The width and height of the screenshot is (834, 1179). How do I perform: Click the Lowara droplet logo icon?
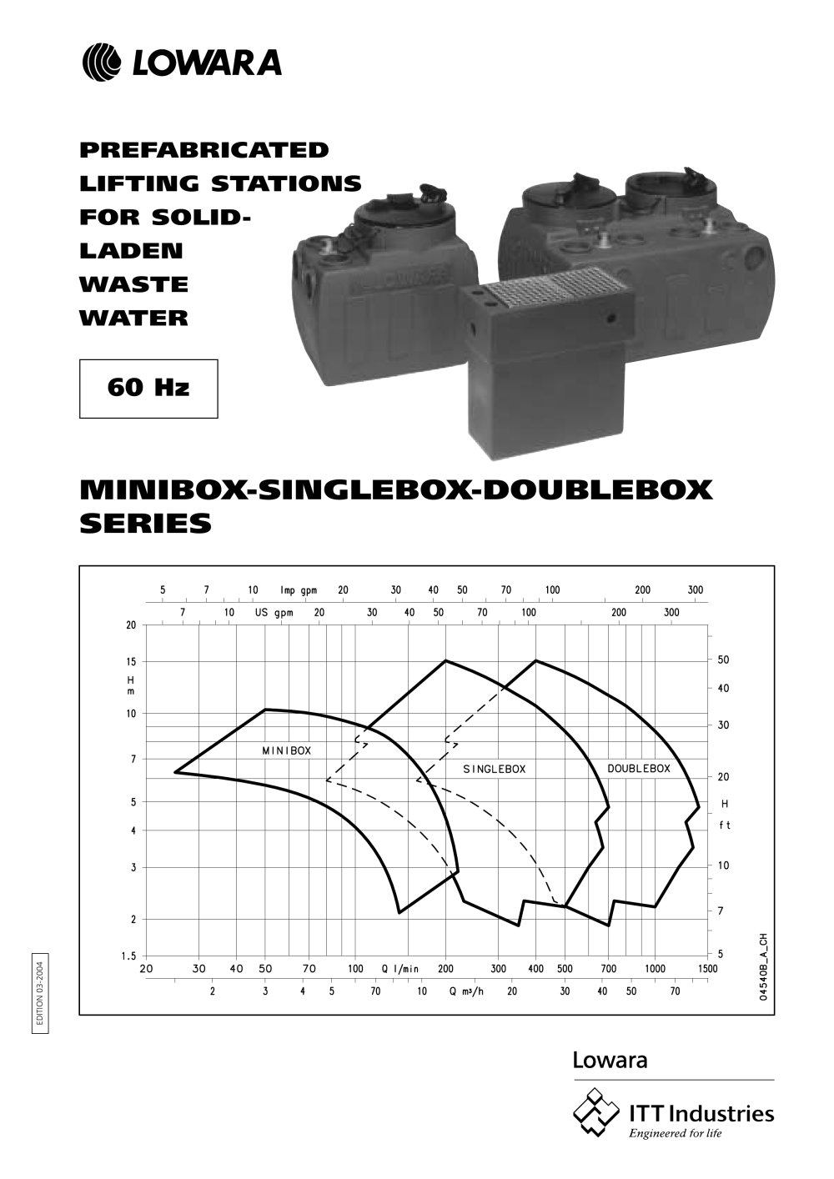tap(102, 63)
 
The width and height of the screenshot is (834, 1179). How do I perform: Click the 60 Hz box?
tap(148, 389)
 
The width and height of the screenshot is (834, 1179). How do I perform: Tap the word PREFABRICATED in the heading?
tap(204, 150)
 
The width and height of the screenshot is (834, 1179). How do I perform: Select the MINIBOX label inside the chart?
tap(286, 750)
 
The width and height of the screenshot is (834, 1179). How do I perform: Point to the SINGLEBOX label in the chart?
tap(495, 769)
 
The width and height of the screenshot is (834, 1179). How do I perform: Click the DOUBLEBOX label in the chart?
tap(639, 769)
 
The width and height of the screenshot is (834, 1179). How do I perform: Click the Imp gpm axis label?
tap(299, 590)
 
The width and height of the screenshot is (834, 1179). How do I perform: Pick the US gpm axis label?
tap(274, 613)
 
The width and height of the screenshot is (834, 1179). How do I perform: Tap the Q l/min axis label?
tap(400, 969)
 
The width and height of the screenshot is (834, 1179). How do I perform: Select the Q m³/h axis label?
tap(466, 991)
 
